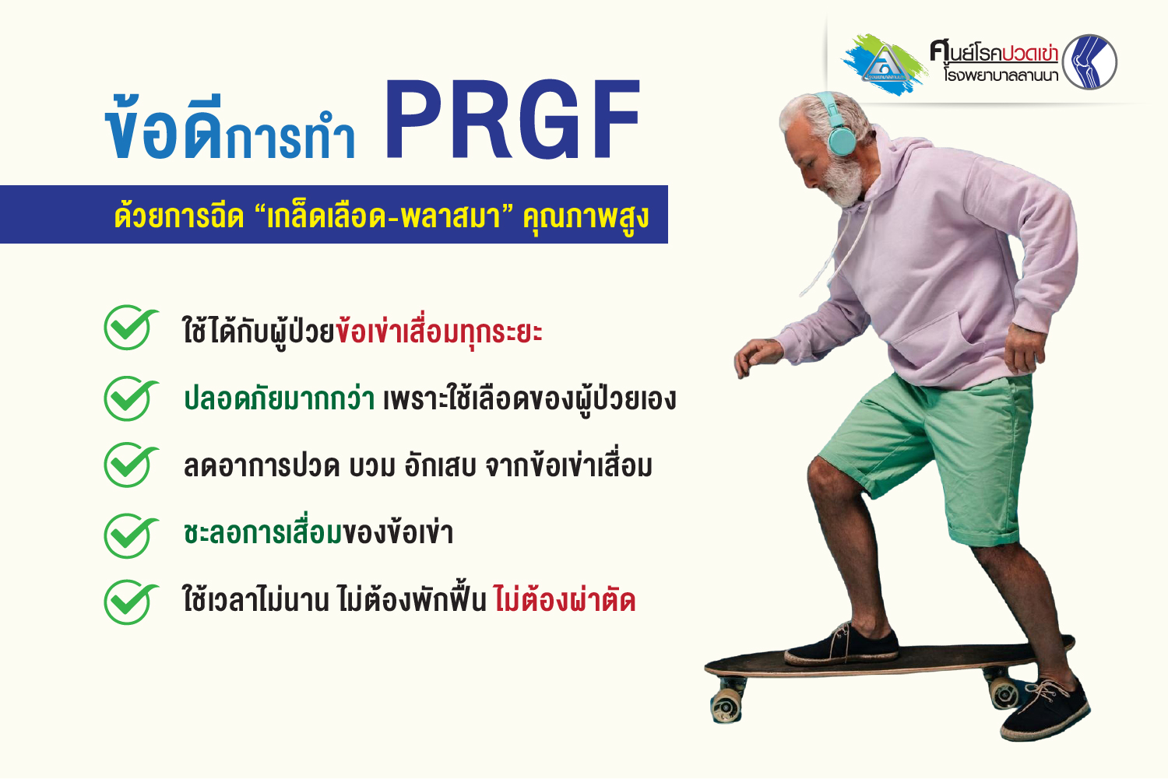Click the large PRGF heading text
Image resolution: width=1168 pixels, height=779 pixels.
[512, 119]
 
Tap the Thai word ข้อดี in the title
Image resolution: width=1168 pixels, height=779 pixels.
[164, 127]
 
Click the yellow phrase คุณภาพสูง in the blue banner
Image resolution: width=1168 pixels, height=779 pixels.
[586, 217]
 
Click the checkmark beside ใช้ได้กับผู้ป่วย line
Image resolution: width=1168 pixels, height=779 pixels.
[130, 328]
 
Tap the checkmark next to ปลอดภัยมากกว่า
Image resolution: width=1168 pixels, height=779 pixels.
[130, 398]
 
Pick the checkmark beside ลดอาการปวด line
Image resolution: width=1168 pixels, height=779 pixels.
[130, 465]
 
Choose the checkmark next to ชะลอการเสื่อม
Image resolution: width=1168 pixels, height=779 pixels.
[130, 535]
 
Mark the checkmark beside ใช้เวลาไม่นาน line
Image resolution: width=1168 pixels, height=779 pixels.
[130, 602]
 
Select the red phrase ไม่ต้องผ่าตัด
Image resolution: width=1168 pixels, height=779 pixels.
[565, 599]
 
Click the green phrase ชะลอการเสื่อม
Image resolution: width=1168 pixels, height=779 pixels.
[263, 532]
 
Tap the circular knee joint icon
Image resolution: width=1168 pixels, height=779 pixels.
[1089, 62]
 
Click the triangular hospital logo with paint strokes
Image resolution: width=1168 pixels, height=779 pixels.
[885, 65]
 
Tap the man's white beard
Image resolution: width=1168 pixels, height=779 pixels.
[845, 182]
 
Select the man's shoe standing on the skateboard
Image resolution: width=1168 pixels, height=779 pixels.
[841, 646]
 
